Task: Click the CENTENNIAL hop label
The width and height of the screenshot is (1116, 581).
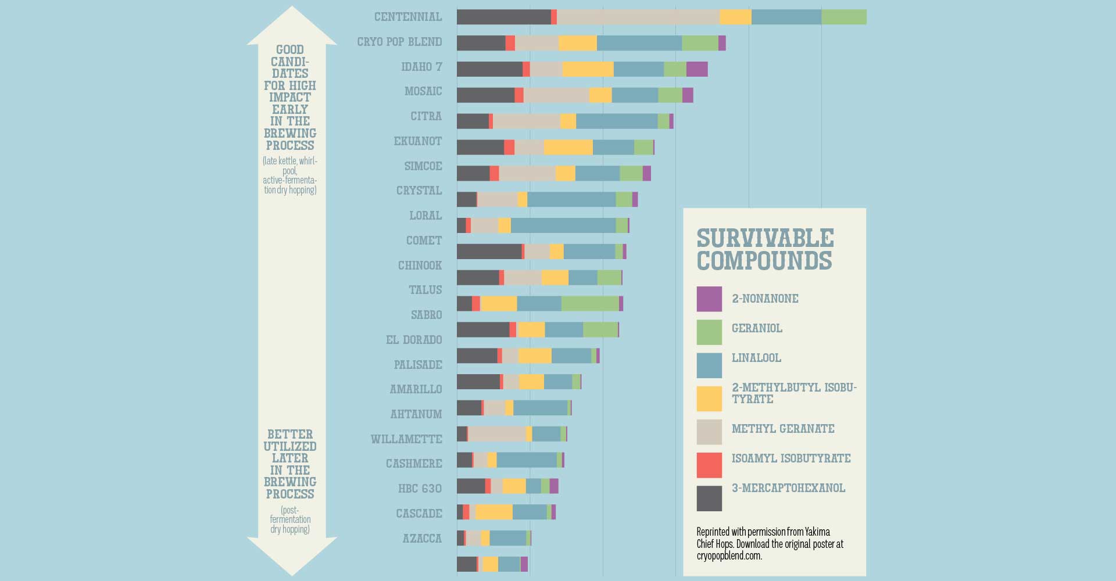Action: click(x=408, y=17)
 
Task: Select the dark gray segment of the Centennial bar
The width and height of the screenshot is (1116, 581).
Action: click(x=503, y=17)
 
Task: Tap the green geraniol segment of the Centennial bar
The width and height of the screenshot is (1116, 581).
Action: click(x=843, y=17)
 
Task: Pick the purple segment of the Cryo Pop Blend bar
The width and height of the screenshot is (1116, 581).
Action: click(x=722, y=43)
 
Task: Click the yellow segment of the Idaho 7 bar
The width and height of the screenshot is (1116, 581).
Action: click(x=588, y=69)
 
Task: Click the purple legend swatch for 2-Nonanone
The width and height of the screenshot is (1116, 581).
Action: click(x=709, y=299)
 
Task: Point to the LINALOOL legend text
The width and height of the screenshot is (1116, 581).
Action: click(x=756, y=358)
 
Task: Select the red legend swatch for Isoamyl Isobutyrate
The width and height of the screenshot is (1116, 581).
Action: click(x=709, y=465)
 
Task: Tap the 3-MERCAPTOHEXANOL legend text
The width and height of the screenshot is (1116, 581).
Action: click(x=788, y=488)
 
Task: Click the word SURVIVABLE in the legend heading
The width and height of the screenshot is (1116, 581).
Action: click(x=765, y=238)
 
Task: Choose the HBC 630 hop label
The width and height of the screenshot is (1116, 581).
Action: click(x=420, y=489)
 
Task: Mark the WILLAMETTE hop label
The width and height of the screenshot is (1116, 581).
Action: click(x=406, y=439)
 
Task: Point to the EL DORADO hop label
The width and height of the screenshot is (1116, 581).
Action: click(x=414, y=340)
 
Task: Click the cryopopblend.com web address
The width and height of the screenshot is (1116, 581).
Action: click(x=729, y=556)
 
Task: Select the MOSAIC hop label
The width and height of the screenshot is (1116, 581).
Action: click(x=423, y=91)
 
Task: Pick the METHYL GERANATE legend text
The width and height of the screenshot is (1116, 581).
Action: click(x=783, y=429)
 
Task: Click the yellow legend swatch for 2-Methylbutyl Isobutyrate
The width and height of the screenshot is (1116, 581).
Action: click(x=709, y=399)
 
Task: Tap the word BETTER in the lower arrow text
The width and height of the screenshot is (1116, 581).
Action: click(x=290, y=435)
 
